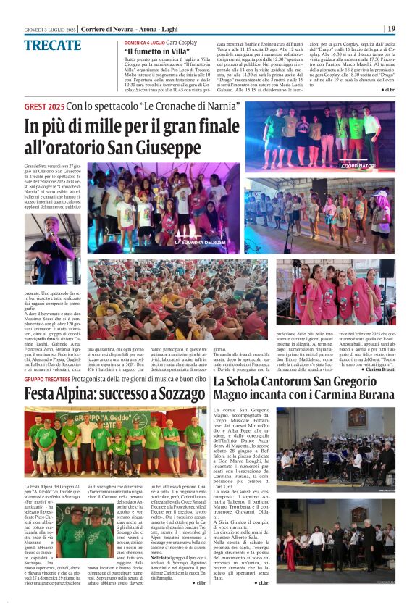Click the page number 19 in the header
click(x=391, y=29)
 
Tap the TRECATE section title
click(x=52, y=46)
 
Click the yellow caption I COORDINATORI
click(x=358, y=166)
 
